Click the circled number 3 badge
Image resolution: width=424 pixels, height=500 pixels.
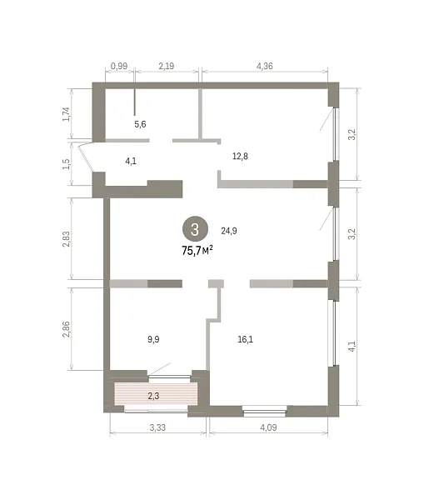195,229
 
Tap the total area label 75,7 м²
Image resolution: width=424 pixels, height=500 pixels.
197,251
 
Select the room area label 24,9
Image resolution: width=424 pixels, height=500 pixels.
229,231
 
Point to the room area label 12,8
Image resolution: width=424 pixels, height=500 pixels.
240,157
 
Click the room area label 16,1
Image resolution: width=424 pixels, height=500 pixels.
246,339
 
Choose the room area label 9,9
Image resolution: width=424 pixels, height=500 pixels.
153,339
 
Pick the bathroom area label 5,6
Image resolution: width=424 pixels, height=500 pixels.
140,124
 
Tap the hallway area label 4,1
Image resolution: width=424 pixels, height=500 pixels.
131,161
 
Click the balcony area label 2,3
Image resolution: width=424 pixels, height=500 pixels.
153,396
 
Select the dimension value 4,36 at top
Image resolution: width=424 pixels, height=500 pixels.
265,66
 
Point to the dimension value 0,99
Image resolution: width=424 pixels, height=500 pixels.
119,66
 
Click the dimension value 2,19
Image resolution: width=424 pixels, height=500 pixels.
167,66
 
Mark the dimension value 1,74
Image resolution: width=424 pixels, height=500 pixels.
66,114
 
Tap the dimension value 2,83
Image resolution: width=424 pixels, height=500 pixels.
66,239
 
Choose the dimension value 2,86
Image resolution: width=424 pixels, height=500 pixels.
66,329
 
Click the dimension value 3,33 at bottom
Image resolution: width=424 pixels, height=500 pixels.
157,427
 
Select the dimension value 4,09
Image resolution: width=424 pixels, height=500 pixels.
268,427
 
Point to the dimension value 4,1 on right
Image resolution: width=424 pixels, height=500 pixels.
352,347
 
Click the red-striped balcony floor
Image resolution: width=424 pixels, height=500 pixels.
156,394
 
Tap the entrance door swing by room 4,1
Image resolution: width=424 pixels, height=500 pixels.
85,157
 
